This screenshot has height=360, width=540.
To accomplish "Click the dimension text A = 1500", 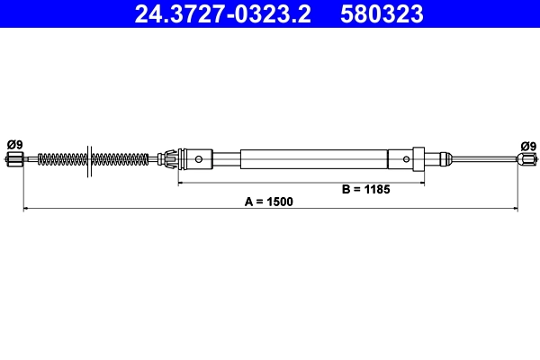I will click(x=269, y=202).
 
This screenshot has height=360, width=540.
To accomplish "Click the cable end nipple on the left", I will click(x=13, y=160).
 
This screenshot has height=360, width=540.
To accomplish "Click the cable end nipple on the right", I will click(x=526, y=160).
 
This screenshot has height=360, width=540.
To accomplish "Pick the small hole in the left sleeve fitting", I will click(x=198, y=160).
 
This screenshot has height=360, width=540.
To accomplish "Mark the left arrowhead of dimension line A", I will click(x=25, y=209).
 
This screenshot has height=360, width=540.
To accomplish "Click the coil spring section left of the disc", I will click(x=64, y=160).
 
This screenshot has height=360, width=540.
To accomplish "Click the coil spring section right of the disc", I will click(x=120, y=160).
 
